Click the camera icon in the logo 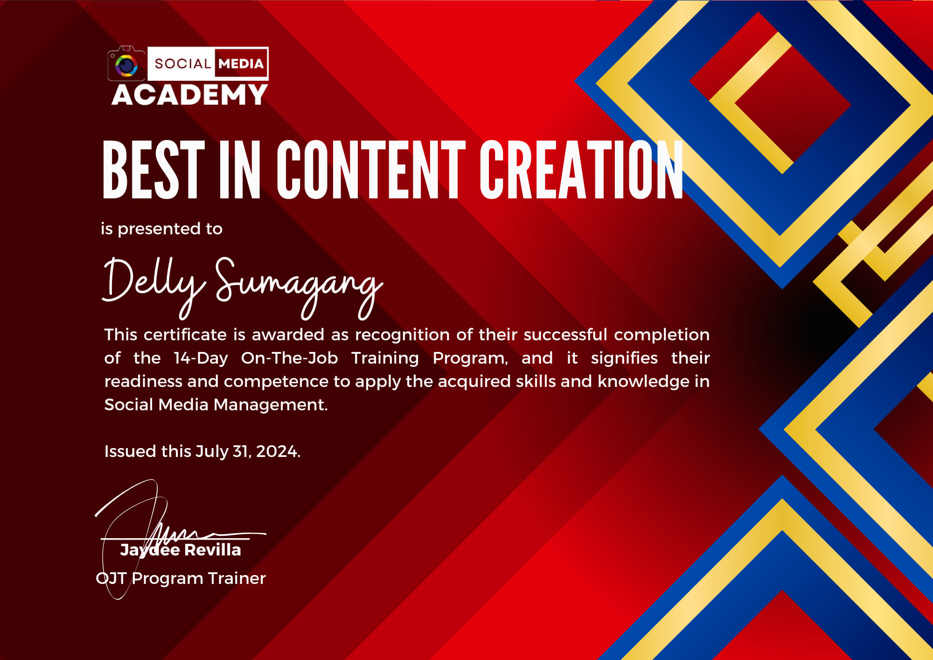(126, 64)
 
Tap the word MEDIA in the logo (241, 63)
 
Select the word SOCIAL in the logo (182, 63)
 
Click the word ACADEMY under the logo (189, 95)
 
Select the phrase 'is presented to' (161, 229)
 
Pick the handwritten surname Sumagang (299, 285)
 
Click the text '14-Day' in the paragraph (201, 358)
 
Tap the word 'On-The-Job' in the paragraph (289, 358)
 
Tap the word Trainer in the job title (237, 578)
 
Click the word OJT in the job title (111, 578)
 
